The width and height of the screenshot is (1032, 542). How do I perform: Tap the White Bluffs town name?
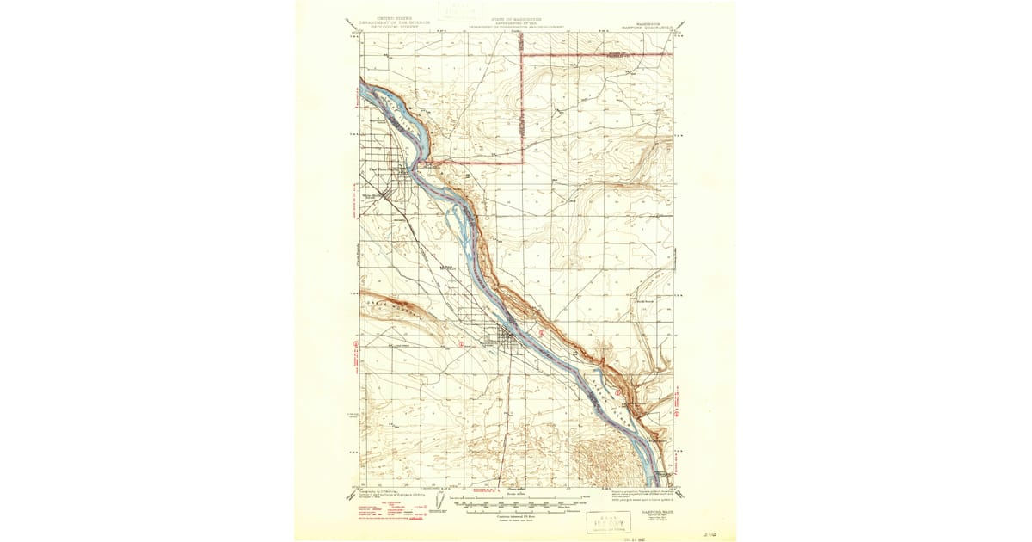(x=381, y=169)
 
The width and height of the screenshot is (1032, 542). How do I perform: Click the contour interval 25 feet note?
(x=516, y=515)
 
